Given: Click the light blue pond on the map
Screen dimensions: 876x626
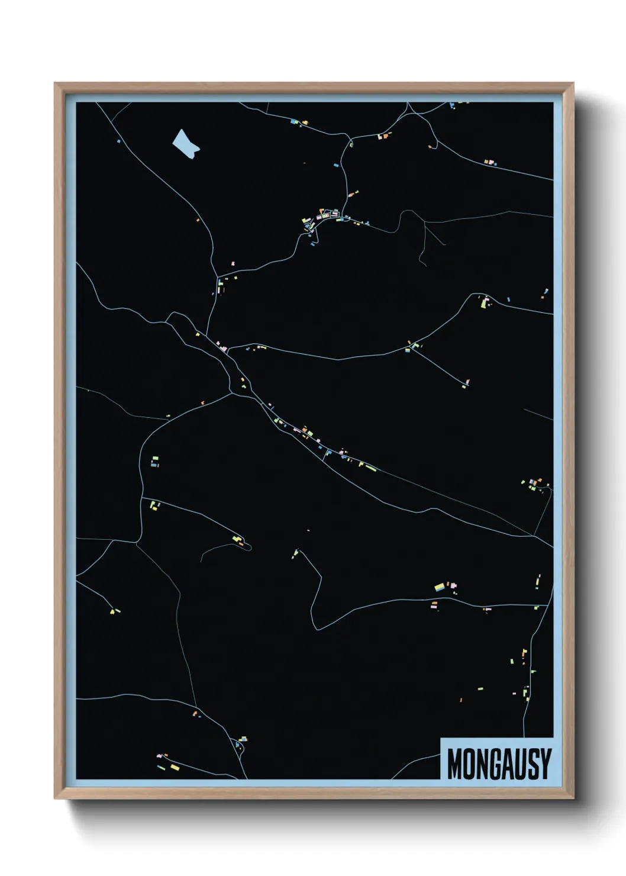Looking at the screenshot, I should [185, 144].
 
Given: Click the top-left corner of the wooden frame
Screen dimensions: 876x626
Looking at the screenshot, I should [56, 83].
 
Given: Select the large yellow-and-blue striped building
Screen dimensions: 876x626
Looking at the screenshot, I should [440, 587].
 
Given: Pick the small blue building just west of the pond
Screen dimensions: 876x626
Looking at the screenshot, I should [118, 141].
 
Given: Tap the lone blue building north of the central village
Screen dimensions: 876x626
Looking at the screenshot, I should [336, 165].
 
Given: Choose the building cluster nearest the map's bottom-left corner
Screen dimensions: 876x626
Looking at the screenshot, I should [167, 764].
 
